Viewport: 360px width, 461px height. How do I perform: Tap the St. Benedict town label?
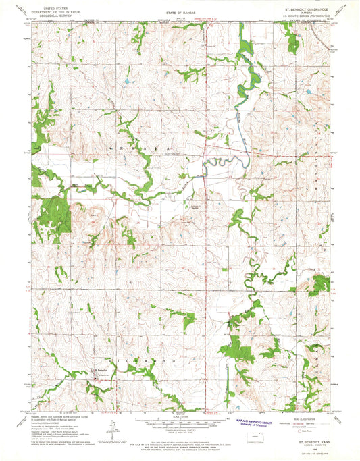(x=100, y=372)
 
